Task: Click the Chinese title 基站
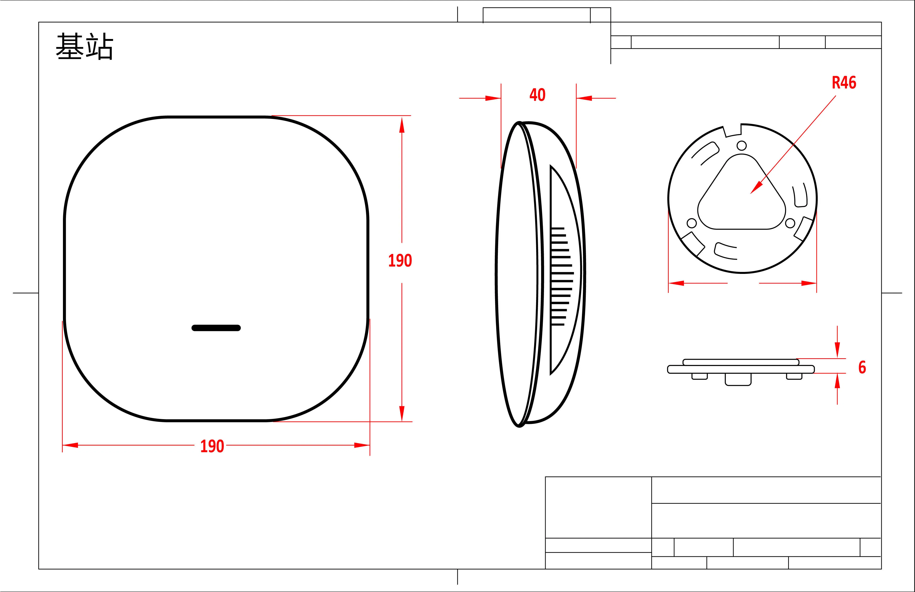(85, 47)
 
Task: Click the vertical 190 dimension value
(400, 261)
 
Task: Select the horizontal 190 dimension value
(212, 446)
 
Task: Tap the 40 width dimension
(537, 95)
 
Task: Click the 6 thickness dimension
(862, 367)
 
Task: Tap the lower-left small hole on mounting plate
(691, 223)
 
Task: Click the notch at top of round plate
(732, 131)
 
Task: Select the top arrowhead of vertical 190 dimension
(402, 125)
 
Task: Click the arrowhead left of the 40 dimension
(493, 98)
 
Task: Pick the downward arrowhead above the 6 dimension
(837, 349)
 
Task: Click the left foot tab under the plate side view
(699, 376)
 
